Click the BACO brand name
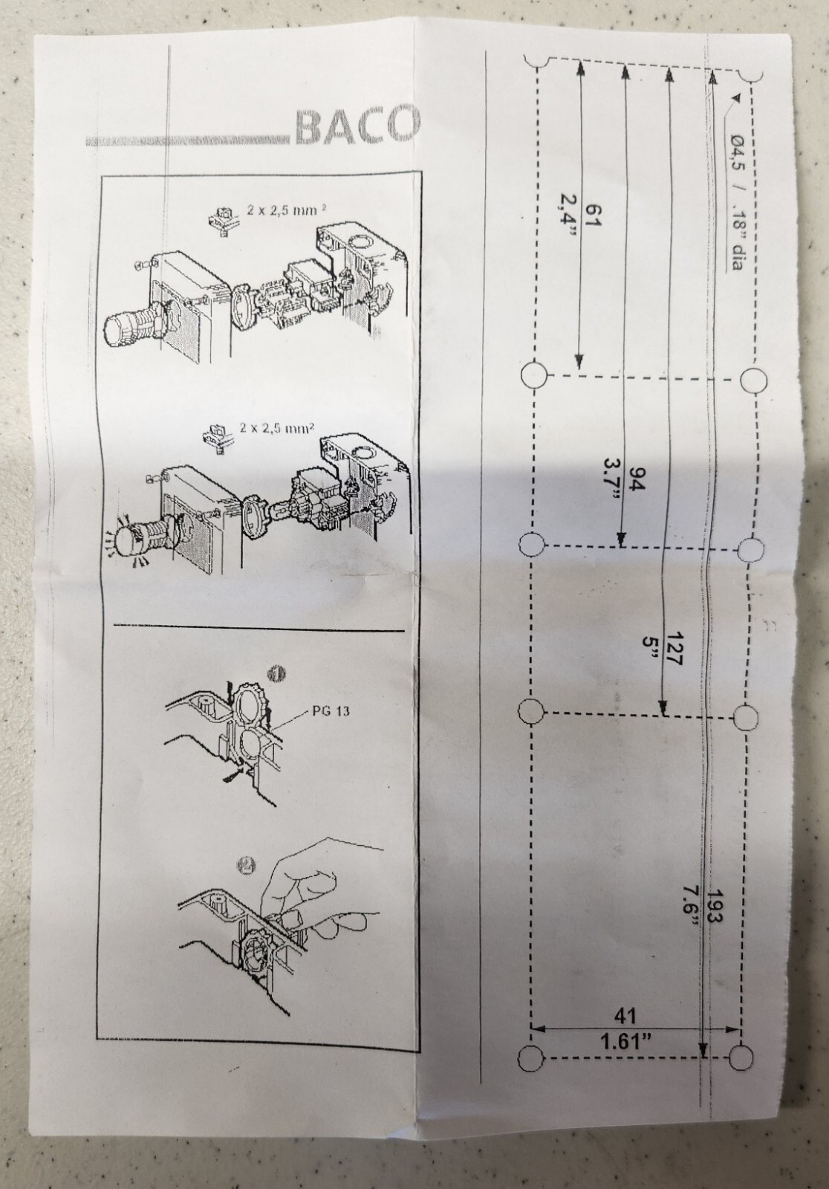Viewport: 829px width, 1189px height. point(357,126)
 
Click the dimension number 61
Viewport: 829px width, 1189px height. point(591,216)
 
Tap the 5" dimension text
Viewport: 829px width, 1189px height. point(648,646)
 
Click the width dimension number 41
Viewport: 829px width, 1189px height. point(625,1016)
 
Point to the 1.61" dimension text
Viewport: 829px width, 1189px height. point(625,1041)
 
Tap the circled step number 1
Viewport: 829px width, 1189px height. point(276,673)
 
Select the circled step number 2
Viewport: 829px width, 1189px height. point(247,865)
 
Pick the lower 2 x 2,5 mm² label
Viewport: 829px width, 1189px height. point(276,428)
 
